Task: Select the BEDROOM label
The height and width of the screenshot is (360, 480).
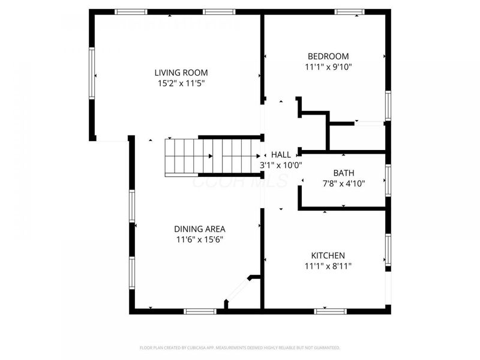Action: pos(324,56)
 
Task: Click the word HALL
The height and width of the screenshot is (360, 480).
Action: pos(281,154)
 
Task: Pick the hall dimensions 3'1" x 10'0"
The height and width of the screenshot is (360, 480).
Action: pos(281,164)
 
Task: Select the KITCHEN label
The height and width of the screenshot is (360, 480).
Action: pos(328,255)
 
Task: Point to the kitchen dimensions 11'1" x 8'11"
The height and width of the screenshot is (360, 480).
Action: pos(328,266)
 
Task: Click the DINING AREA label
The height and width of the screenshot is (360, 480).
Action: pos(200,229)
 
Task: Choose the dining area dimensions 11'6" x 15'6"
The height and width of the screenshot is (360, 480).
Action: pos(200,239)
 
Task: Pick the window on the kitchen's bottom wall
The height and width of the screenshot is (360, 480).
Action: pos(331,311)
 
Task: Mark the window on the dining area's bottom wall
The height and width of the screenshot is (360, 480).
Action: pos(200,311)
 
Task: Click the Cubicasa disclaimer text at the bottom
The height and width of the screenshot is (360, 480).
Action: pos(239,347)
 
